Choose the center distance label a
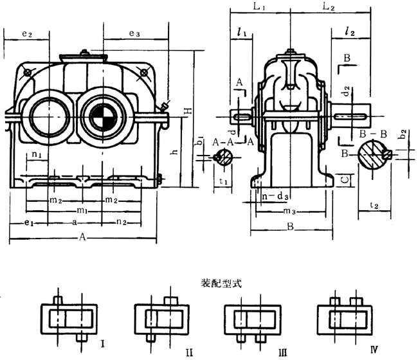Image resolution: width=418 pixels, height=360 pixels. (77, 222)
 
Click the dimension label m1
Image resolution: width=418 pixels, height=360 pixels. (80, 211)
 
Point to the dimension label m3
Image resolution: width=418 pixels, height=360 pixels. (290, 212)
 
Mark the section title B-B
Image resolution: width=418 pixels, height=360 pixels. (372, 134)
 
